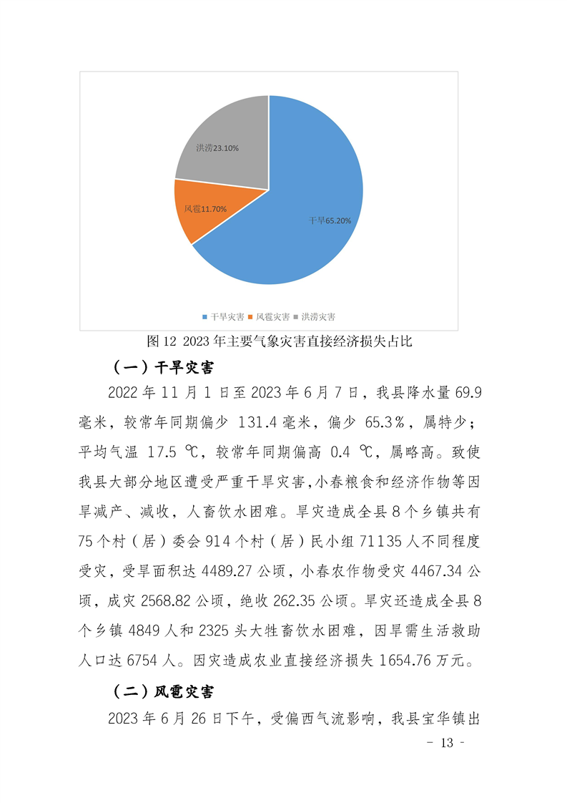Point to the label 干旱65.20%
(330, 221)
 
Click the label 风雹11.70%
(205, 209)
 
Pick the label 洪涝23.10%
(217, 148)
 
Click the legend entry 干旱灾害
(224, 316)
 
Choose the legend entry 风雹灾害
(270, 316)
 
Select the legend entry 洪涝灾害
(315, 316)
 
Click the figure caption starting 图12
(279, 341)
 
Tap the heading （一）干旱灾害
(164, 367)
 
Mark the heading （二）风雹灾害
(164, 692)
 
